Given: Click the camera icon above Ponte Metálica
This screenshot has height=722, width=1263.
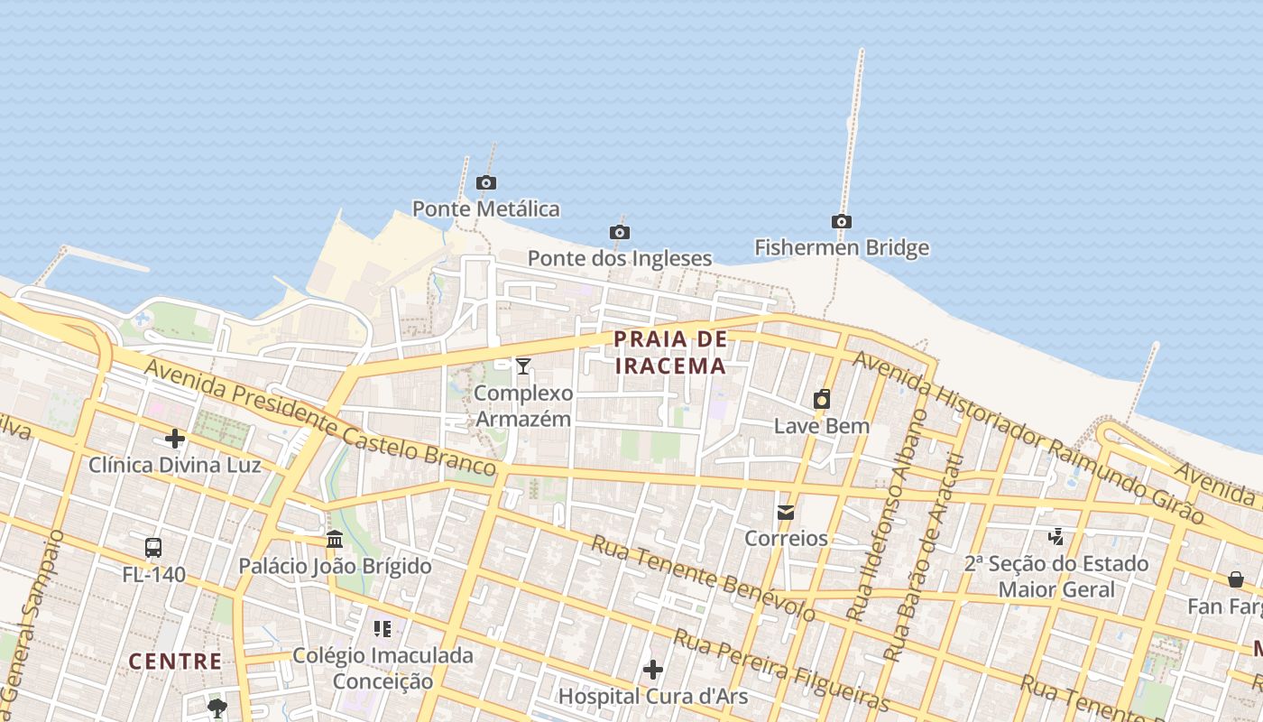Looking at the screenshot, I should pos(486,183).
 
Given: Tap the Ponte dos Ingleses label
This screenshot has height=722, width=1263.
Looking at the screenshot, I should pos(620,259).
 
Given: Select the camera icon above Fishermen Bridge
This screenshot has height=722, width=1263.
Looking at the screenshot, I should pos(841,222).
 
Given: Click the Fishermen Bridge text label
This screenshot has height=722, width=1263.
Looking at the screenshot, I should pos(842,248).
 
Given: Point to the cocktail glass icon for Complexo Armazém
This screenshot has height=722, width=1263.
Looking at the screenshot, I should pos(523,366).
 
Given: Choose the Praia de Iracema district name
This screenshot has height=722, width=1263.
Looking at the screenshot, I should pos(669,353).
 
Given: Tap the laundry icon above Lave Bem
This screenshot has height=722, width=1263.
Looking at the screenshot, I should pos(822,399).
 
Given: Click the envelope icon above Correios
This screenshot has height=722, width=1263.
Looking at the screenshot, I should pos(786,513).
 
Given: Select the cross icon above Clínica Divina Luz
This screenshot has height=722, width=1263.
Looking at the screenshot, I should pos(175,440).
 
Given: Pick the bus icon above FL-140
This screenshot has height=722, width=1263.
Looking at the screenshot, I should pos(153,547).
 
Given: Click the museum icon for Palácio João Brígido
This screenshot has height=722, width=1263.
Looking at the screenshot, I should pos(335,540).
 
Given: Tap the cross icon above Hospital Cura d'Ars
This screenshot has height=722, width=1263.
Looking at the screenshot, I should pos(653,670).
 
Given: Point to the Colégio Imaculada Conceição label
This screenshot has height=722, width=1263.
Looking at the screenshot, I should pos(383,668).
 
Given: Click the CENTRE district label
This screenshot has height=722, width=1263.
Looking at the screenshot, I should pos(175,662).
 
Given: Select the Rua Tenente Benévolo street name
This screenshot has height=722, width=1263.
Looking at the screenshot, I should pos(703,579).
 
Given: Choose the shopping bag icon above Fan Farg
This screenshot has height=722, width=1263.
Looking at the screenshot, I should pos(1235,579).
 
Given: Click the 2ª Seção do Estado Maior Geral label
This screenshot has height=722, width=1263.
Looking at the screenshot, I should pos(1056,577).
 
